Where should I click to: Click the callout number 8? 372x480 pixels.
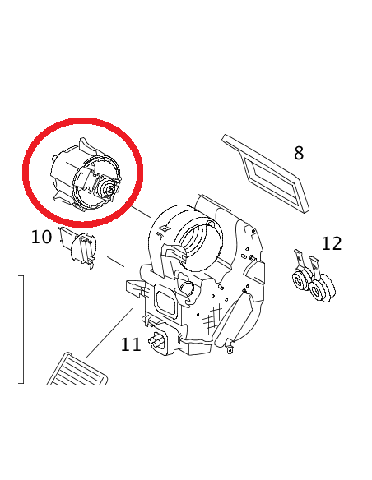pyautogui.click(x=299, y=153)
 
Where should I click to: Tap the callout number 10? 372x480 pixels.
pyautogui.click(x=41, y=238)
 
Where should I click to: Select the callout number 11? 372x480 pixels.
pyautogui.click(x=131, y=344)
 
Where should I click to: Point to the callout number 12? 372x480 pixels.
pyautogui.click(x=331, y=243)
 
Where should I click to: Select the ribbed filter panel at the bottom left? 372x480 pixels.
pyautogui.click(x=77, y=370)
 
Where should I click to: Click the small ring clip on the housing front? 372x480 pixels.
pyautogui.click(x=187, y=288)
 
